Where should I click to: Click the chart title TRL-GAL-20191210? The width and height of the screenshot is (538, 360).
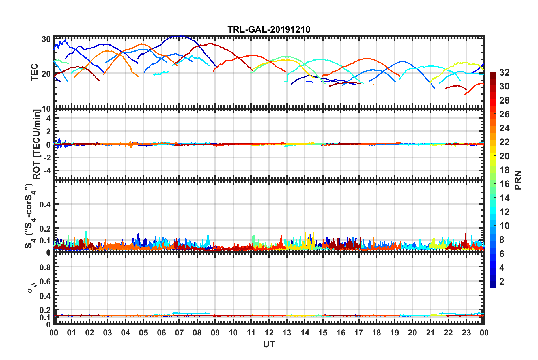[269, 29]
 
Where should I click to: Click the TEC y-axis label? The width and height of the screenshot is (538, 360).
[35, 72]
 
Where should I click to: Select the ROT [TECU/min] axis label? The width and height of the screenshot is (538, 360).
[37, 144]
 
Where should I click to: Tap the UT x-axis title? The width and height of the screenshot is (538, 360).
[269, 344]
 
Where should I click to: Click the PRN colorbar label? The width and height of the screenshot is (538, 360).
[518, 180]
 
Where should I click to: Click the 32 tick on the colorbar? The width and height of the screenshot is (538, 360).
[504, 72]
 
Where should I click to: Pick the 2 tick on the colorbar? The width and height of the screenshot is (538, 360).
[502, 281]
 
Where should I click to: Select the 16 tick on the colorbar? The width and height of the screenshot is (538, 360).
[504, 184]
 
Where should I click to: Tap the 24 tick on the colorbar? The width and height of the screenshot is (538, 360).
[504, 128]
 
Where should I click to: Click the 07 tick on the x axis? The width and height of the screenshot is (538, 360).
[179, 333]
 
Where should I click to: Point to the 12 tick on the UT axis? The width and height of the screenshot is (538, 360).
[269, 333]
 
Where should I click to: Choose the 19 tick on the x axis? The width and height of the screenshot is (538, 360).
[395, 333]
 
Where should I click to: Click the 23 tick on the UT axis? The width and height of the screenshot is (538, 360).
[466, 333]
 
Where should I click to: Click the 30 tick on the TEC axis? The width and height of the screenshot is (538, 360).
[46, 39]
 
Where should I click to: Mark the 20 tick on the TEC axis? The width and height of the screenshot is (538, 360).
[46, 74]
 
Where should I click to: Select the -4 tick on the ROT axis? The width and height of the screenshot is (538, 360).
[47, 170]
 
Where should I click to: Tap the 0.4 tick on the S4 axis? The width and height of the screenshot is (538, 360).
[45, 204]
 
